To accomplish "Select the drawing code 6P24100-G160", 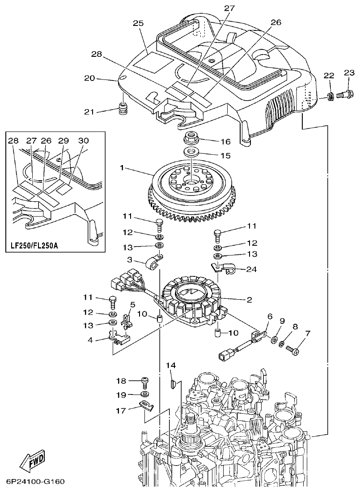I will click(36, 482).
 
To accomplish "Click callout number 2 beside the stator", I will click(249, 299).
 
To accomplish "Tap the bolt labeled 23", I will click(343, 94).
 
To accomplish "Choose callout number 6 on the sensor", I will click(269, 316).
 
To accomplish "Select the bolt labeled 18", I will click(144, 381).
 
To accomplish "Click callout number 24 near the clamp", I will click(252, 269).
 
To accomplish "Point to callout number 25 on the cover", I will click(138, 23).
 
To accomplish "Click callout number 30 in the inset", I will click(83, 140).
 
